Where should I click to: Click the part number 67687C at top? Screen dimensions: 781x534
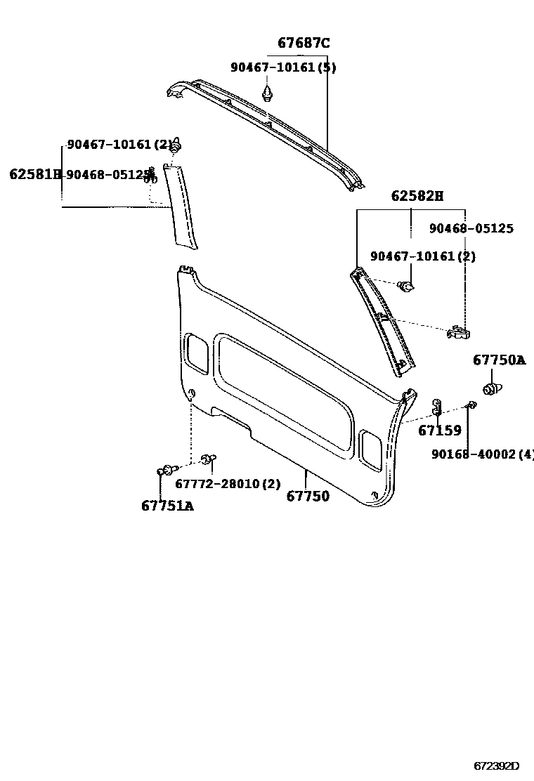click(304, 44)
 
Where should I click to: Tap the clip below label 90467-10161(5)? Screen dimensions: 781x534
click(268, 93)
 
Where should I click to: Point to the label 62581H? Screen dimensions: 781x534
click(35, 173)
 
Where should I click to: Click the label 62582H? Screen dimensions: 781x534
click(417, 197)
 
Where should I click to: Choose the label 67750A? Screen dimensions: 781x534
click(499, 360)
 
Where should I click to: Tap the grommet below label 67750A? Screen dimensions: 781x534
click(493, 387)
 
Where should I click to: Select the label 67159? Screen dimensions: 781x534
click(440, 431)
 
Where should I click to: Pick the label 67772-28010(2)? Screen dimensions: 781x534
click(228, 484)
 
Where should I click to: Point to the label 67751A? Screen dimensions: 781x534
click(167, 506)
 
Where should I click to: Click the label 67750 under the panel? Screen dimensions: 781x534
click(308, 497)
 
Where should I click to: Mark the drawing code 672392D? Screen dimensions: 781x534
click(496, 766)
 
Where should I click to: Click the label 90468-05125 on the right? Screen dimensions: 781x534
click(471, 229)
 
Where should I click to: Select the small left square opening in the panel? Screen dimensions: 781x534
click(196, 353)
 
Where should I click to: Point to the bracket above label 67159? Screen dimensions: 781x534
click(436, 407)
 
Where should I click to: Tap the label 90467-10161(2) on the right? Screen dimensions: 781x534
click(423, 257)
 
